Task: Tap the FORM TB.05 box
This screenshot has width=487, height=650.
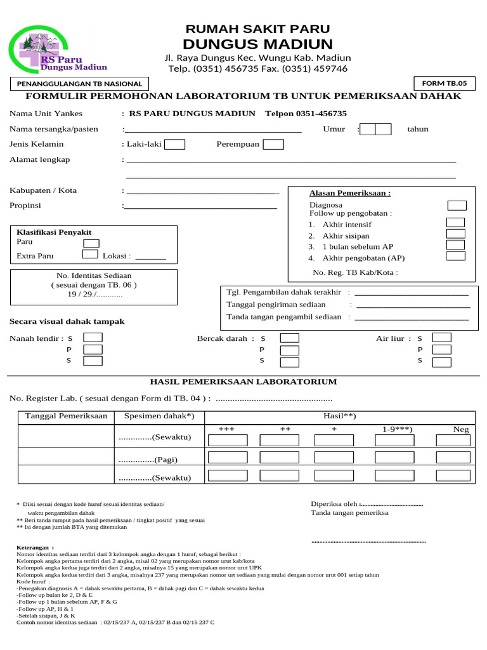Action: [x=444, y=83]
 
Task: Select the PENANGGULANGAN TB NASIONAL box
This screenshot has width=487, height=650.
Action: [x=79, y=84]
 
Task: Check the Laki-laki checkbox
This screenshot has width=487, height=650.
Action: [x=174, y=144]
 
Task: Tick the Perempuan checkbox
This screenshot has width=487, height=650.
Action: [x=273, y=144]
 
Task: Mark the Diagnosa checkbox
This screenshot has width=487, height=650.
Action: [x=457, y=206]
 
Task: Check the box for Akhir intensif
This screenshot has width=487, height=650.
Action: [x=455, y=222]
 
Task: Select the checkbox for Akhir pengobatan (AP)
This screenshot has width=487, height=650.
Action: [x=455, y=256]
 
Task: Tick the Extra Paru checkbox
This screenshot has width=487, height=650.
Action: [x=91, y=255]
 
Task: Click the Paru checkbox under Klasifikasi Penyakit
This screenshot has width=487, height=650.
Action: [x=91, y=243]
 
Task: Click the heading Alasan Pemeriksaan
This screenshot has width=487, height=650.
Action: [x=349, y=193]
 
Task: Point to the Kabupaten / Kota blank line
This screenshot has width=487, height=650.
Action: [x=203, y=191]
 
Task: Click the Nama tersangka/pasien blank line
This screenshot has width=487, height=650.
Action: [x=213, y=130]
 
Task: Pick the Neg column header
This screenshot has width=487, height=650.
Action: [x=460, y=430]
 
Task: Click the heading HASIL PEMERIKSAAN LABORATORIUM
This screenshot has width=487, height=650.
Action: [x=243, y=381]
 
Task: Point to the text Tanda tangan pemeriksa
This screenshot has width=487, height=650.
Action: [x=349, y=513]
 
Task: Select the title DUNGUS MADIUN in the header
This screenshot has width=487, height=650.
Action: [x=257, y=44]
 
